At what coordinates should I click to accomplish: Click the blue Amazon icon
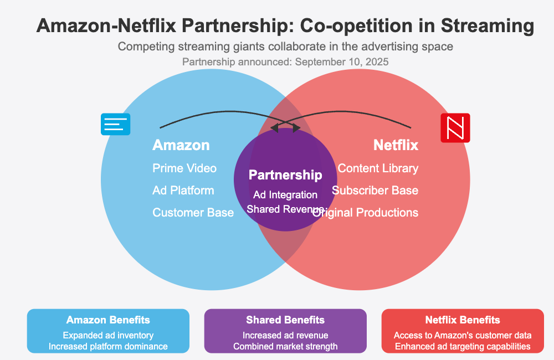[x=115, y=124]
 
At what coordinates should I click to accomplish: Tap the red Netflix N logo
[x=455, y=128]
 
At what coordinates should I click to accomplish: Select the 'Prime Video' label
[x=184, y=168]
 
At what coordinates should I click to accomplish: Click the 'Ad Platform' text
[x=183, y=191]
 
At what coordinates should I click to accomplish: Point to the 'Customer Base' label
[x=193, y=213]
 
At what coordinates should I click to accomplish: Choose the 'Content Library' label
[x=378, y=168]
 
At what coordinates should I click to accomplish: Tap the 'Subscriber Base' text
[x=375, y=191]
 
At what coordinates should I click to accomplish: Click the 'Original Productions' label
[x=366, y=213]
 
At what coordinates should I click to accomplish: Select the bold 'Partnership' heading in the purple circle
[x=285, y=175]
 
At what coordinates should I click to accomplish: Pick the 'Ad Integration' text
[x=285, y=195]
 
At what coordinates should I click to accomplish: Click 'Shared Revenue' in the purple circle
[x=285, y=209]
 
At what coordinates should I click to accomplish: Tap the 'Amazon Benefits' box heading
[x=108, y=320]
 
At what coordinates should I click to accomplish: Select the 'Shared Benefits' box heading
[x=285, y=320]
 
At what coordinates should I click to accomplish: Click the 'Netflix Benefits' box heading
[x=463, y=320]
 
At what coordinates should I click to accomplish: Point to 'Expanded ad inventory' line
[x=108, y=336]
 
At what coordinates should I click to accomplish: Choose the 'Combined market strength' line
[x=285, y=347]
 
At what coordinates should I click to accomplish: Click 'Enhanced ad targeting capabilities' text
[x=463, y=347]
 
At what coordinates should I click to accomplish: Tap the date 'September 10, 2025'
[x=342, y=62]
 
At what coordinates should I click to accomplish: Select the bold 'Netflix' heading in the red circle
[x=396, y=146]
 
